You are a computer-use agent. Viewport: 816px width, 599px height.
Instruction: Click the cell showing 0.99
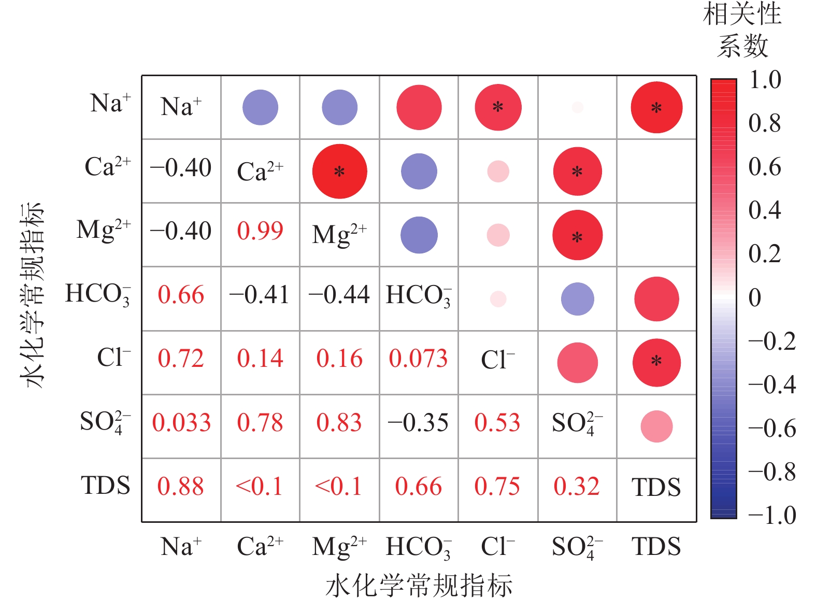tap(260, 231)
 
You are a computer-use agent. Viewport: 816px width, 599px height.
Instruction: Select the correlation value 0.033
tap(181, 423)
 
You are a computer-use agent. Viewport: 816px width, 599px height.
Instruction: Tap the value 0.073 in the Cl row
tap(418, 359)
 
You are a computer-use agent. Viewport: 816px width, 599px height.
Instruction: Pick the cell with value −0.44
tap(339, 295)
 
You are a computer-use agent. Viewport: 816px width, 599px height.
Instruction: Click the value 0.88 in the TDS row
tap(181, 487)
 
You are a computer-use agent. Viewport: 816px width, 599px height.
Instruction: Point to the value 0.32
tap(577, 487)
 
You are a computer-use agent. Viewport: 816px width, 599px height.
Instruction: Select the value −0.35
tap(418, 423)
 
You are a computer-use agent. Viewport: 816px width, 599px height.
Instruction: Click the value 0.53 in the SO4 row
tap(497, 423)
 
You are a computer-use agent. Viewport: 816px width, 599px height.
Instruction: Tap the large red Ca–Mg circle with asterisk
tap(339, 172)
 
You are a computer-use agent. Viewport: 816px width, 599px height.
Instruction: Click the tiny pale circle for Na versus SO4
tap(577, 107)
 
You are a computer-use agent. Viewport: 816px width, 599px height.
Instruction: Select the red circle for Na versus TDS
tap(656, 107)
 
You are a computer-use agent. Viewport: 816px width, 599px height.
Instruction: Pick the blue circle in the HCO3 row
tap(577, 299)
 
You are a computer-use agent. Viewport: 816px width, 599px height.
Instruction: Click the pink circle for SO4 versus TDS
tap(656, 426)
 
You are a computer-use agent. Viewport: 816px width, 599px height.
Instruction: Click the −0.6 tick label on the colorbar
tap(772, 429)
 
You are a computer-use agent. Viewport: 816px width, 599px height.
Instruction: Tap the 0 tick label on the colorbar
tap(755, 298)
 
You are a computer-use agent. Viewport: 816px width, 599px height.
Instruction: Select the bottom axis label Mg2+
tap(339, 547)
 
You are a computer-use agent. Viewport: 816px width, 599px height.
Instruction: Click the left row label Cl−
tap(114, 358)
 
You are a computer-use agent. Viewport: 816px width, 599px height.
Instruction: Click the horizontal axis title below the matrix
tap(419, 586)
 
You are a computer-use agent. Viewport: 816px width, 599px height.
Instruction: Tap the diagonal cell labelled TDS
tap(656, 488)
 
